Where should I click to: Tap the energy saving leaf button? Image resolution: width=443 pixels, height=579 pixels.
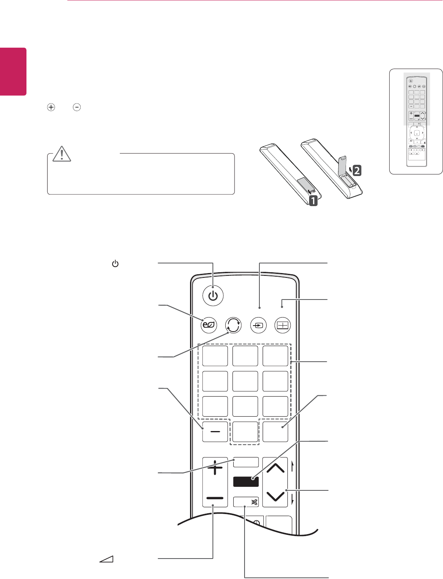(x=209, y=325)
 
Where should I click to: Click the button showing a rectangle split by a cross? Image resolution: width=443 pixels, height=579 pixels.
(x=283, y=325)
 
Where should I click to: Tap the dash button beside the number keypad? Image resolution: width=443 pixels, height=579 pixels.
(x=215, y=431)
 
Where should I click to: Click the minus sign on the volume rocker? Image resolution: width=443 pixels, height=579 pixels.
(x=215, y=498)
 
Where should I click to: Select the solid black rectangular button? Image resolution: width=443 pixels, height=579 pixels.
(x=246, y=482)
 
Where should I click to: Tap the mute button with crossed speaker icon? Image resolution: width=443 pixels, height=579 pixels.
(x=246, y=502)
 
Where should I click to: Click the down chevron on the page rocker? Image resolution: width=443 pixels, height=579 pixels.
(x=275, y=496)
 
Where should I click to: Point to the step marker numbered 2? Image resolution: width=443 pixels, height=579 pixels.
(x=356, y=170)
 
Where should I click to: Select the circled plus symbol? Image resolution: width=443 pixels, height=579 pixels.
(x=51, y=107)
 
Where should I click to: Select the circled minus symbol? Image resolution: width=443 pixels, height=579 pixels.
(x=77, y=107)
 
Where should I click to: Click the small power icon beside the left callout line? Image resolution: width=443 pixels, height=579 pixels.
(x=115, y=264)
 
